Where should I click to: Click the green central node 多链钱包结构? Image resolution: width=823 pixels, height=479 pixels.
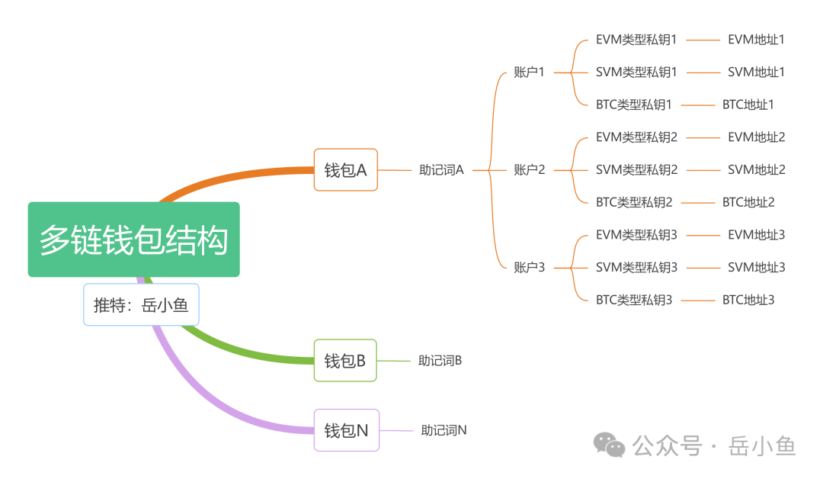[134, 239]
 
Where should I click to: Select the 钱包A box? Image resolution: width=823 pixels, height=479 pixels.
[345, 169]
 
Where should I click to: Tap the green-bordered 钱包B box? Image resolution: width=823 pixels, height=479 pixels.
[345, 360]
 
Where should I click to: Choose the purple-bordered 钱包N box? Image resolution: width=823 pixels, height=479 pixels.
[346, 430]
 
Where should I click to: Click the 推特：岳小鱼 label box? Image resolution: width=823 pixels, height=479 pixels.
[141, 305]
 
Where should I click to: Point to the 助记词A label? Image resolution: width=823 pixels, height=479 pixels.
[441, 170]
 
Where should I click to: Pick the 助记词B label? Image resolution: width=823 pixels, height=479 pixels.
[440, 360]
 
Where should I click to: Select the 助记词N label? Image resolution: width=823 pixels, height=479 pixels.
[444, 430]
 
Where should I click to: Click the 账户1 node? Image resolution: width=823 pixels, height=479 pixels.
[529, 72]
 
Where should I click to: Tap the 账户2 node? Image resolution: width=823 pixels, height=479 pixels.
[529, 169]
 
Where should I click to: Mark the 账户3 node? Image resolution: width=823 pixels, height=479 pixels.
[529, 267]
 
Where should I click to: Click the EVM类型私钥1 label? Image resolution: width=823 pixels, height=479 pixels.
[636, 40]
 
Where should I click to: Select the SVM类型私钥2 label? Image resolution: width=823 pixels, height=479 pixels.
[636, 169]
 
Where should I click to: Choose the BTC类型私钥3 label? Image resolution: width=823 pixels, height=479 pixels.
[634, 300]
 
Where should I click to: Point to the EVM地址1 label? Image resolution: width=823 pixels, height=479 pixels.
[756, 40]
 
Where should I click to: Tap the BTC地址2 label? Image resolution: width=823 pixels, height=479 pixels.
[748, 202]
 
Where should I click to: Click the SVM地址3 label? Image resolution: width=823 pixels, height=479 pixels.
[756, 267]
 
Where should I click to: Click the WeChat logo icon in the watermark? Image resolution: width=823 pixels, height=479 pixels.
[610, 444]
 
